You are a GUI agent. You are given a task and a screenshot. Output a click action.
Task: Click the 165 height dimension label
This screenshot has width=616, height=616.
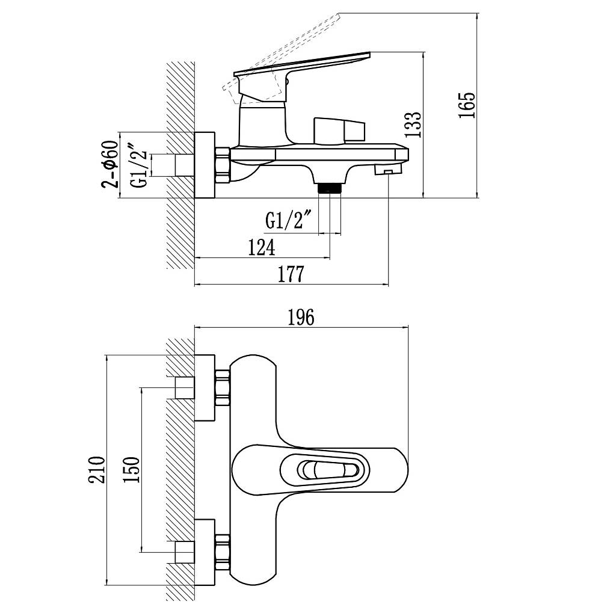(x=467, y=105)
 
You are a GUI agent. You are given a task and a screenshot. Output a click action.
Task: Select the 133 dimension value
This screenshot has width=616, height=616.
(x=413, y=125)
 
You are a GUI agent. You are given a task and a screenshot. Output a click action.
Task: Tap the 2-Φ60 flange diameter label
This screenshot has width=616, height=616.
(x=111, y=164)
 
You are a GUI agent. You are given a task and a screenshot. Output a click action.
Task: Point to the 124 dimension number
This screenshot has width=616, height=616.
(x=262, y=247)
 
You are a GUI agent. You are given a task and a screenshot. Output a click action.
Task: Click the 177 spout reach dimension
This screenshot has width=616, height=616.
(x=291, y=274)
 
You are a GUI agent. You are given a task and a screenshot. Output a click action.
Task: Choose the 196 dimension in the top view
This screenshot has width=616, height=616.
(x=301, y=318)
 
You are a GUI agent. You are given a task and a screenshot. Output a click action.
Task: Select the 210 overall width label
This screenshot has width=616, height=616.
(x=97, y=469)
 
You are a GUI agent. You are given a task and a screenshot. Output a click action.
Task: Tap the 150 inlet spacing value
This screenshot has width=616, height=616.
(x=131, y=469)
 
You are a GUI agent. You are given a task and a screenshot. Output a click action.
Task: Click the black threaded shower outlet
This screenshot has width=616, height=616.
(x=329, y=188)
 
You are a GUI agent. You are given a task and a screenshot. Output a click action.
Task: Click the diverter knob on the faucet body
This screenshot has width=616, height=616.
(x=339, y=131)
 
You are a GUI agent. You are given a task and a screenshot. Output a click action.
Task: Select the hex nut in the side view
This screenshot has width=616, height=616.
(x=223, y=165)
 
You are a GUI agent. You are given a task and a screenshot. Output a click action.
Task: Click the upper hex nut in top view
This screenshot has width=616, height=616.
(x=223, y=388)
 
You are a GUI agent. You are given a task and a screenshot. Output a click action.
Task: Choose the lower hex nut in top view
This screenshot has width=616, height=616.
(x=223, y=552)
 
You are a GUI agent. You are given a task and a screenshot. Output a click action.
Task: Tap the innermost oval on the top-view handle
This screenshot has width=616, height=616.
(x=328, y=470)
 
